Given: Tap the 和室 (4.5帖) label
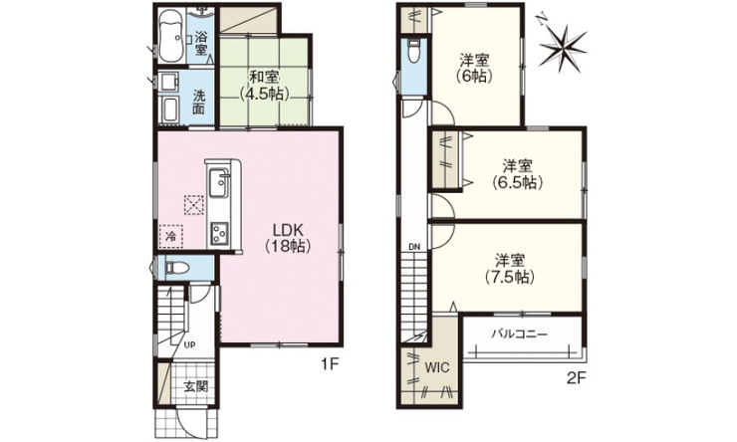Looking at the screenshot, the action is [x=264, y=86].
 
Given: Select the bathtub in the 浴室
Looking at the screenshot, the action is [x=170, y=36].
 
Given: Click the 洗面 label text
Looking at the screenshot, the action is [x=199, y=102].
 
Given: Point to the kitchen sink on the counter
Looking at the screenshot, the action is [x=218, y=182].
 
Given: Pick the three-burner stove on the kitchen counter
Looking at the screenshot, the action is [x=219, y=233].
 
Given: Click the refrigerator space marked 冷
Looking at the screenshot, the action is [x=171, y=236].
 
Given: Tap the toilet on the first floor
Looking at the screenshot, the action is [x=176, y=268].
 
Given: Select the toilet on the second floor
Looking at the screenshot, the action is [x=413, y=51].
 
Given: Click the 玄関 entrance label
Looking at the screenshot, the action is [x=195, y=386].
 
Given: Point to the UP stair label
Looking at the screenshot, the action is [x=189, y=345].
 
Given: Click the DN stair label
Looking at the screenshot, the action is [x=414, y=247].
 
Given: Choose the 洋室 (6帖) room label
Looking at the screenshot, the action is [x=474, y=68].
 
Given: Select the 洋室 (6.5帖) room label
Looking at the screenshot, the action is [x=518, y=174].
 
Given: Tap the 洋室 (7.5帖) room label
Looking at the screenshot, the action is [x=510, y=268].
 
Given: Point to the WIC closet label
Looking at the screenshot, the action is [x=437, y=367].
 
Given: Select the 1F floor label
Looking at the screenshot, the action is [x=330, y=364].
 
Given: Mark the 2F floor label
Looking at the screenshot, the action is [x=577, y=378].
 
